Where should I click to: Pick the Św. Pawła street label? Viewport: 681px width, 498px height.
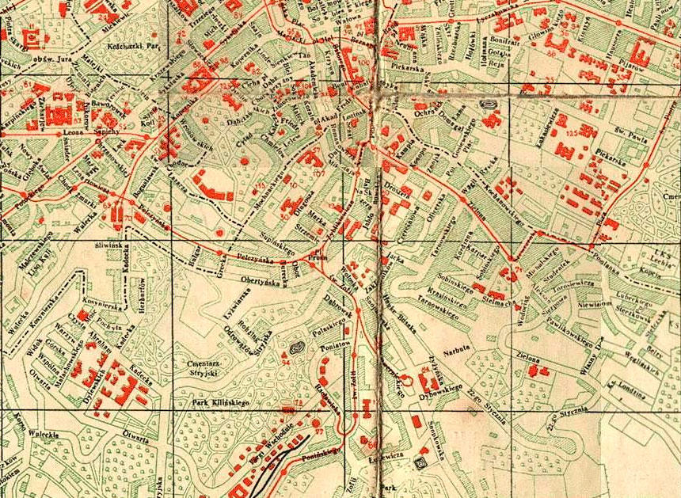pyautogui.click(x=633, y=120)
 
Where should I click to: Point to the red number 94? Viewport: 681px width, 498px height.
pyautogui.click(x=286, y=363)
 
